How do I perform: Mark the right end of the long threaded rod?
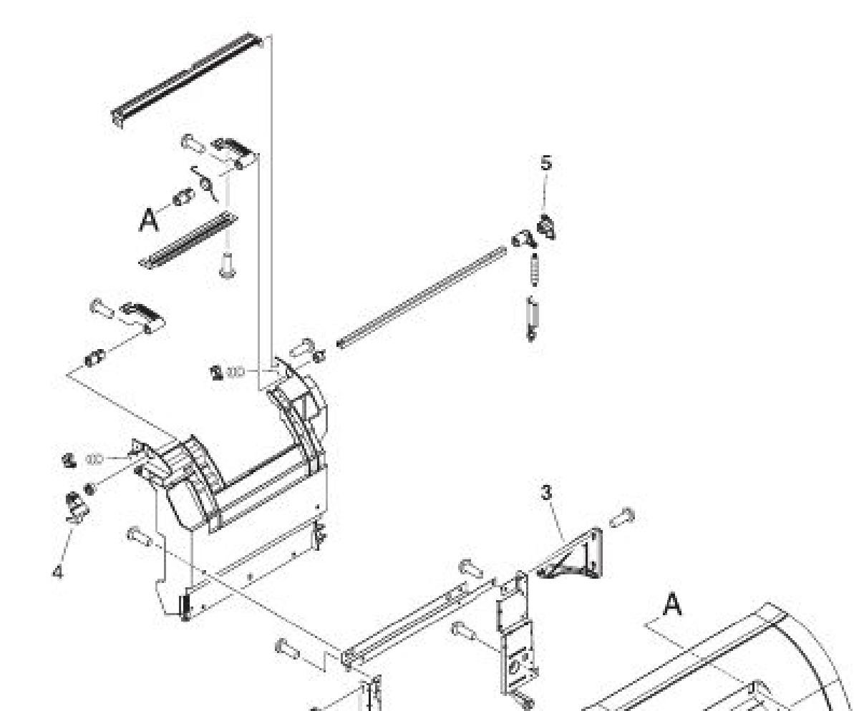pos(505,248)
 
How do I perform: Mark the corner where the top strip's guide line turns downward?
pos(271,36)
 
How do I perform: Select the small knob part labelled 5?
pos(547,227)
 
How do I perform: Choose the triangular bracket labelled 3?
pos(570,554)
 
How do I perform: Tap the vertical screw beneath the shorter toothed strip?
pos(226,265)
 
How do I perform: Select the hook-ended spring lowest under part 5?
pos(532,319)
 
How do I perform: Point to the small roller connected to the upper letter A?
pos(183,197)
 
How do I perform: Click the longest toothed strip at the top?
pos(187,79)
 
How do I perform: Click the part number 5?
pos(545,163)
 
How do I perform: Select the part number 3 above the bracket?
pos(545,493)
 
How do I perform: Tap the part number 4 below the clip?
pos(58,572)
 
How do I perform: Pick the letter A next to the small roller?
pos(148,220)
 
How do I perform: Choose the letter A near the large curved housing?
pos(671,604)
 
